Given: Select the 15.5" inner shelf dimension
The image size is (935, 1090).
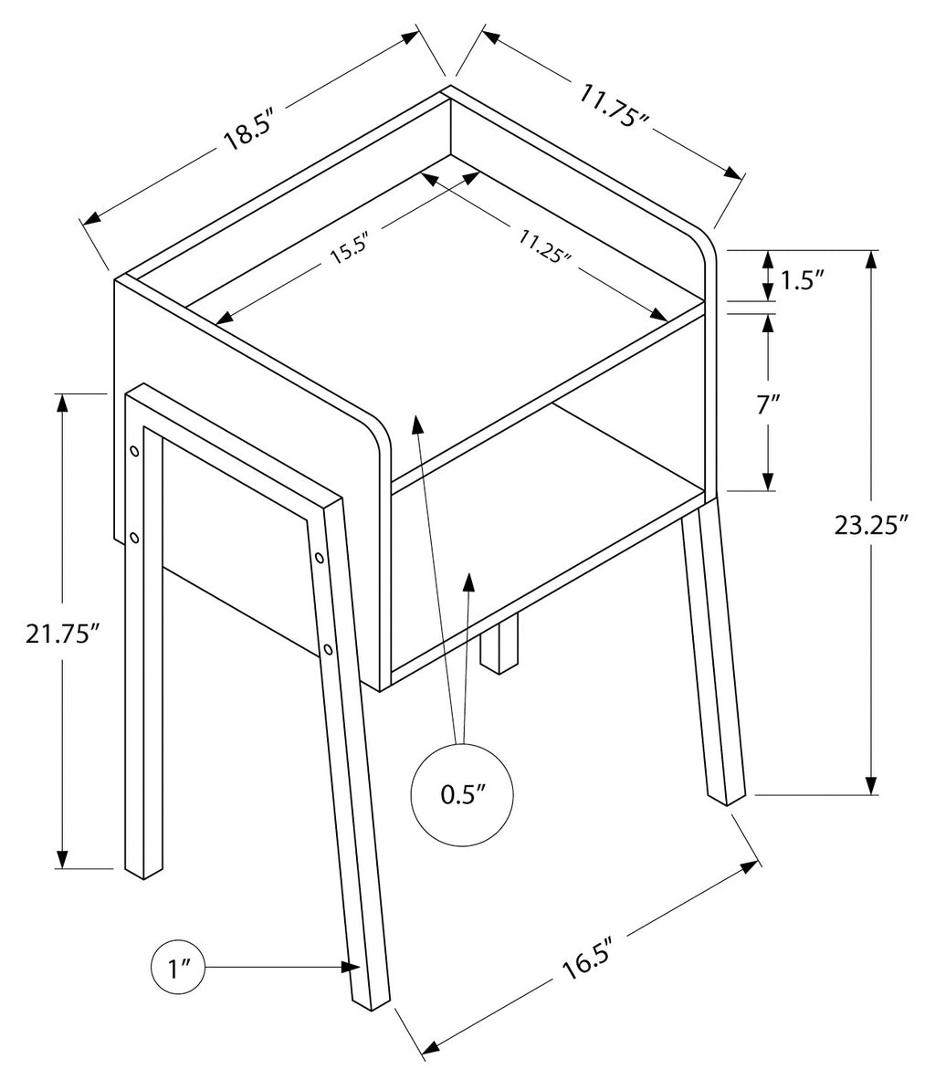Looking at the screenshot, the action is [x=348, y=250].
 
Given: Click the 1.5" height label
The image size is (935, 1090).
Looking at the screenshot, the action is [x=803, y=280].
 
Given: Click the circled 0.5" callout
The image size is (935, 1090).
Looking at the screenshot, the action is [x=463, y=794].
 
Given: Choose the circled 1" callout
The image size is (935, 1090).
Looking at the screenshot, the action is [x=178, y=968].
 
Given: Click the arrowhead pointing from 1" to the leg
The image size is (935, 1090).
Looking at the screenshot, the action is [x=351, y=967].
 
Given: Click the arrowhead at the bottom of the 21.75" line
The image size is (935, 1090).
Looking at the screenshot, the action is [x=63, y=858].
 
